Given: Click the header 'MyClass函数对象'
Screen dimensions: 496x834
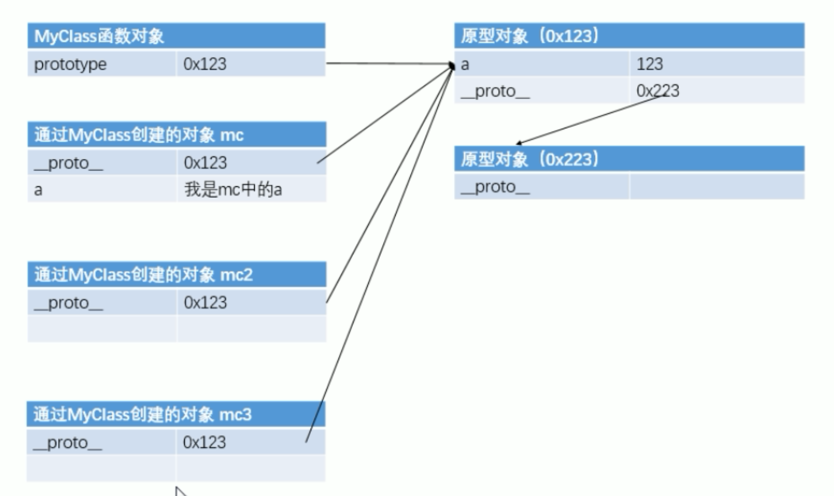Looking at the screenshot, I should [99, 36].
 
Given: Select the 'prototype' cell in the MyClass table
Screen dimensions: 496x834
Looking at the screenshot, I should [70, 64].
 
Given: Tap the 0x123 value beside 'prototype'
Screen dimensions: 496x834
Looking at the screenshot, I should [205, 64].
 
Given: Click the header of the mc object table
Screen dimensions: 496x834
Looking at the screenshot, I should [139, 135].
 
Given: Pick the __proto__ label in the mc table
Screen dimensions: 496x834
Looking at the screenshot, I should [68, 163].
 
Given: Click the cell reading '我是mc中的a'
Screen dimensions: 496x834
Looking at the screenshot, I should [233, 190].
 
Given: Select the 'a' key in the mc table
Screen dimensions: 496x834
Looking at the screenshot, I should [38, 190].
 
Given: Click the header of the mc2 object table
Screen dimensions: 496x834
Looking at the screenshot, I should [144, 275].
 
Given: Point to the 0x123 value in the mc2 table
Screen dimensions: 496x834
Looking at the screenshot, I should [205, 303].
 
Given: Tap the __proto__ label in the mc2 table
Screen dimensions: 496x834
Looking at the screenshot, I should [68, 303].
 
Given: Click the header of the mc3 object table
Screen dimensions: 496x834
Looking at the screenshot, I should [142, 414].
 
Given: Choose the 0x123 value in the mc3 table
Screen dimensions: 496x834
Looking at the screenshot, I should [204, 442].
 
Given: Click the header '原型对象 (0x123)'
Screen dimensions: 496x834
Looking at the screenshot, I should [529, 36].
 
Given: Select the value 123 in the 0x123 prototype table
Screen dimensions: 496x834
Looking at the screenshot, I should [650, 64].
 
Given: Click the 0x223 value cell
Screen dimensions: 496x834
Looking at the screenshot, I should [658, 91].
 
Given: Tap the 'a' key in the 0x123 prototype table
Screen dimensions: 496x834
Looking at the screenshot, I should [465, 65].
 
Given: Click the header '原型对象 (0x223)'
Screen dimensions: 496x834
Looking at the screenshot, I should [529, 159].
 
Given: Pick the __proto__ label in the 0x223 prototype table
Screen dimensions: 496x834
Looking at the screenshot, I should [495, 187].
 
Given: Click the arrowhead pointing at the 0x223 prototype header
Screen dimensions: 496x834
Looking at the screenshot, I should [518, 143].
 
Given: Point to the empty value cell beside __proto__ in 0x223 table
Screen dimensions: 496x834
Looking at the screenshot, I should [716, 187].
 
